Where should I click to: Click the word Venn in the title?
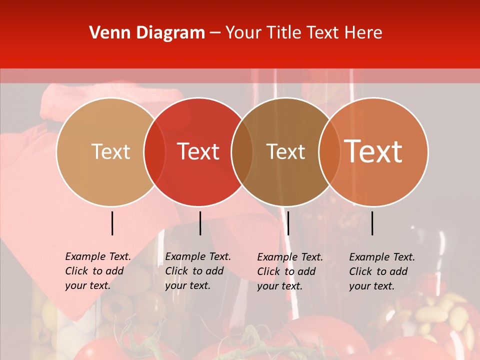pos(108,33)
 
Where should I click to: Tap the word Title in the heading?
pos(284,33)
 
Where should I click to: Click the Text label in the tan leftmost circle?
pos(110,151)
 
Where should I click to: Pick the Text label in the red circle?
pos(198,151)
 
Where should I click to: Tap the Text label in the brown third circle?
pos(286,151)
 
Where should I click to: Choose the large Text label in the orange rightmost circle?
pos(373,151)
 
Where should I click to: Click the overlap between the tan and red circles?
pos(154,152)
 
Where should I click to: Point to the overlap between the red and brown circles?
pos(242,152)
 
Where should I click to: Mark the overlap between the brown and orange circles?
pos(329,152)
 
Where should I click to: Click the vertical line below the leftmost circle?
pos(112,223)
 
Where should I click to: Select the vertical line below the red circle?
pos(200,223)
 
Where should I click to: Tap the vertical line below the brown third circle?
pos(288,223)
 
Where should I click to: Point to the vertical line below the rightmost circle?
pos(372,223)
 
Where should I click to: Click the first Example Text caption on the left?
pos(98,271)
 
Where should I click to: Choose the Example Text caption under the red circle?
pos(198,271)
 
